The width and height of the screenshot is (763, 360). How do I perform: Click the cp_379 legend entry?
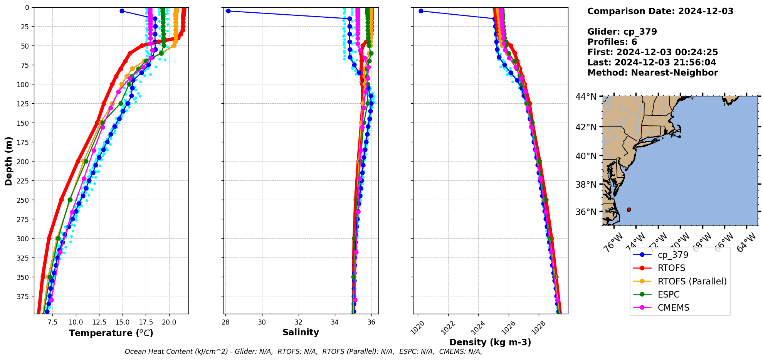673,255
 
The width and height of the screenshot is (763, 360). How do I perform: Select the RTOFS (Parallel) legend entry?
692,281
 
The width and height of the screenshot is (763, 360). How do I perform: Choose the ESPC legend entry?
669,294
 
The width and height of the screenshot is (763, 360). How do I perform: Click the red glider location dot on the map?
629,210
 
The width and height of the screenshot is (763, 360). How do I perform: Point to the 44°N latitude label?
586,97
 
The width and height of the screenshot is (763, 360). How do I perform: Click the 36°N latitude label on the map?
586,212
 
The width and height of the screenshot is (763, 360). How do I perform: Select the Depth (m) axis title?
8,161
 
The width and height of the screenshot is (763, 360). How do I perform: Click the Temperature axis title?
111,333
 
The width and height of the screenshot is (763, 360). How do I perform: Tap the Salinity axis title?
301,332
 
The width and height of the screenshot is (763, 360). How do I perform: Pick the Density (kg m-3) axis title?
490,342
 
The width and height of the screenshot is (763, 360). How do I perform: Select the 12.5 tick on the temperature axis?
99,322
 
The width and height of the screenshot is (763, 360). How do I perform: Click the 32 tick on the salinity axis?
299,322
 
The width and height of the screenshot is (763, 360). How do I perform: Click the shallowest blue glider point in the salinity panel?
228,11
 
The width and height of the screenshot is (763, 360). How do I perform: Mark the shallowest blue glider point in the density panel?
421,11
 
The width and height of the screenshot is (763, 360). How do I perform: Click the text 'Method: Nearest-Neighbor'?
652,73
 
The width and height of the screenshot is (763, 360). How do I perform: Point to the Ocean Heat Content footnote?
303,352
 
